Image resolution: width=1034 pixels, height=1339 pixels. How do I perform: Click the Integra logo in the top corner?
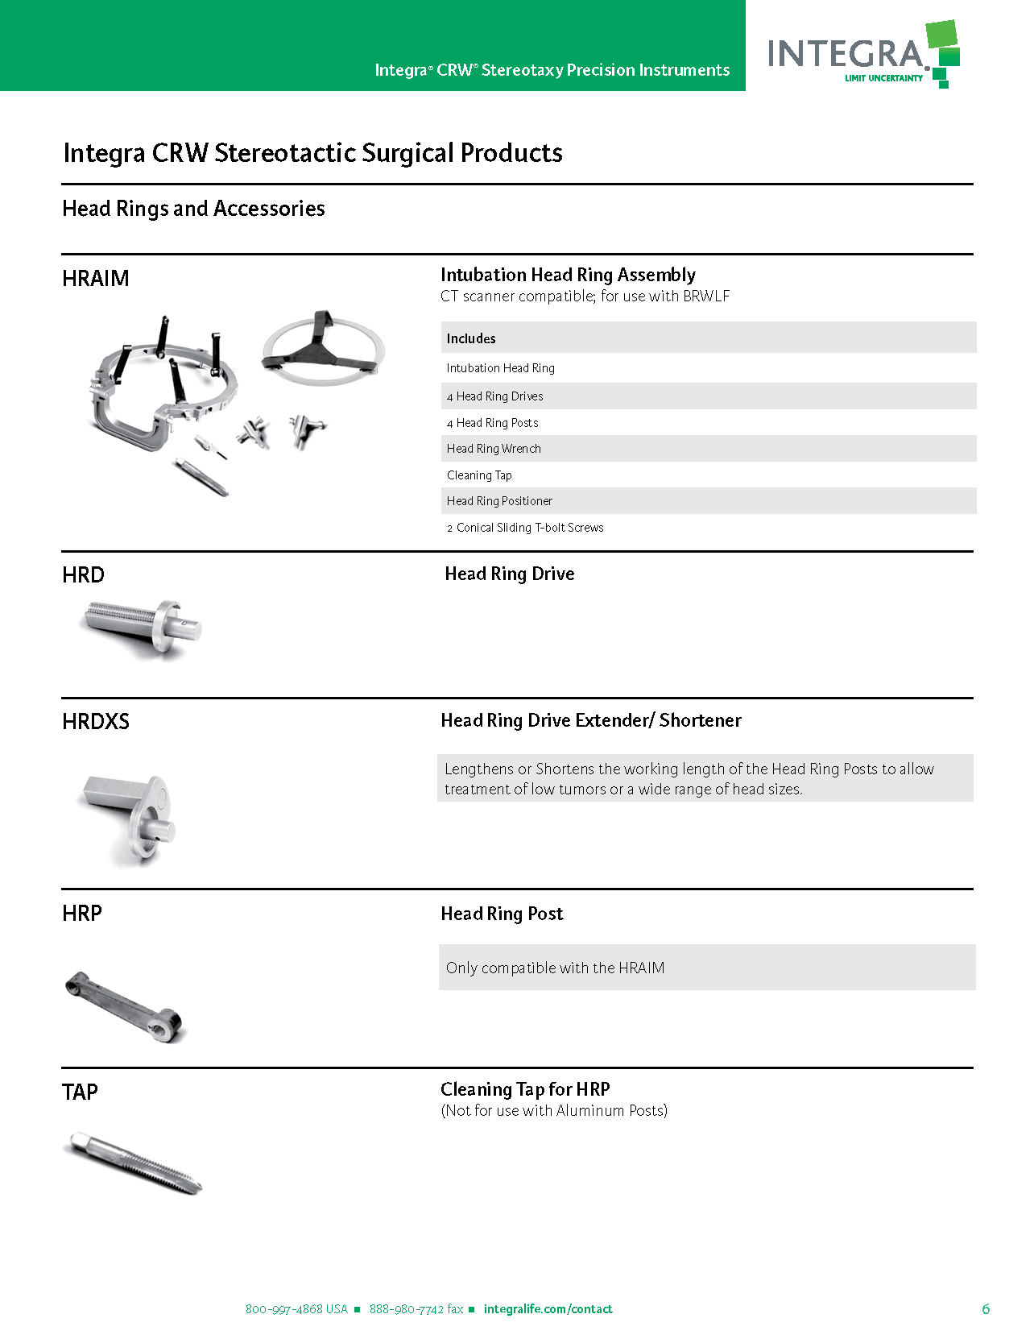coord(862,54)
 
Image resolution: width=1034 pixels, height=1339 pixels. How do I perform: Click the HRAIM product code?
coord(95,279)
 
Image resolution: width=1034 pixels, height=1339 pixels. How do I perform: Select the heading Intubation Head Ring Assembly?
coord(568,275)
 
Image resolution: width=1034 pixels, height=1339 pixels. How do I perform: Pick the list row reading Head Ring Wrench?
coord(494,449)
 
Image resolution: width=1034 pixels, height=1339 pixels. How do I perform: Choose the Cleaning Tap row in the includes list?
coord(479,475)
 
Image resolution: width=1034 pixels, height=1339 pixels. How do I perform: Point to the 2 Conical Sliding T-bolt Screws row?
coord(525,528)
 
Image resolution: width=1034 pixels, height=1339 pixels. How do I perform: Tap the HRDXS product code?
coord(95,722)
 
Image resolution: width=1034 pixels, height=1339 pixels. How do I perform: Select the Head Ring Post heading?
coord(502,914)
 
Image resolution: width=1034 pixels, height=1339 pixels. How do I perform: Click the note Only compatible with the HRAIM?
coord(555,968)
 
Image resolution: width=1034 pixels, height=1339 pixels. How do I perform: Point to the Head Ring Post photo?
coord(125,1007)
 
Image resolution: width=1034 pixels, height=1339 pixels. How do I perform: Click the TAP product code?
coord(80,1092)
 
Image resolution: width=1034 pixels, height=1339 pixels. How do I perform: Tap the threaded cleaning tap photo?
coord(133,1163)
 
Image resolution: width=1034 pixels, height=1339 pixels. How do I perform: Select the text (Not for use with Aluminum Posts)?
coord(554,1110)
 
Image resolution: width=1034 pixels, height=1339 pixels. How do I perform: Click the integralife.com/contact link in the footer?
coord(548,1309)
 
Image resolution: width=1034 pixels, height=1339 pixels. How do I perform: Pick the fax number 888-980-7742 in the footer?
coord(416,1309)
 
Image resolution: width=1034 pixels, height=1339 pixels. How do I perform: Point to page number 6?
coord(986,1309)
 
